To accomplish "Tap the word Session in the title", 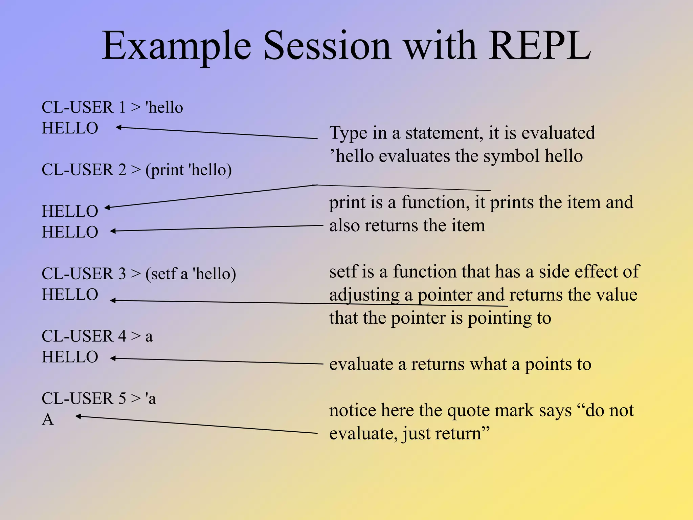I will [327, 46].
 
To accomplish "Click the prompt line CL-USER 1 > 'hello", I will [112, 107].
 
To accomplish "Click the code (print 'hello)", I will [188, 170].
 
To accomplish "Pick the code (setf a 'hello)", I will [191, 274].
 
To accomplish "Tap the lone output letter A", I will [48, 420].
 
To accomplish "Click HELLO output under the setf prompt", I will [70, 295].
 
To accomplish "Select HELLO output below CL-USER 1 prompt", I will [70, 128].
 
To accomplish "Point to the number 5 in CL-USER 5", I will [122, 398].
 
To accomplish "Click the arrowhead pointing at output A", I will [77, 416].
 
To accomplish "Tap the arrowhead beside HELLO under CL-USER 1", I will [118, 128].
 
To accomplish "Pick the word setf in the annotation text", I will [343, 272].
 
